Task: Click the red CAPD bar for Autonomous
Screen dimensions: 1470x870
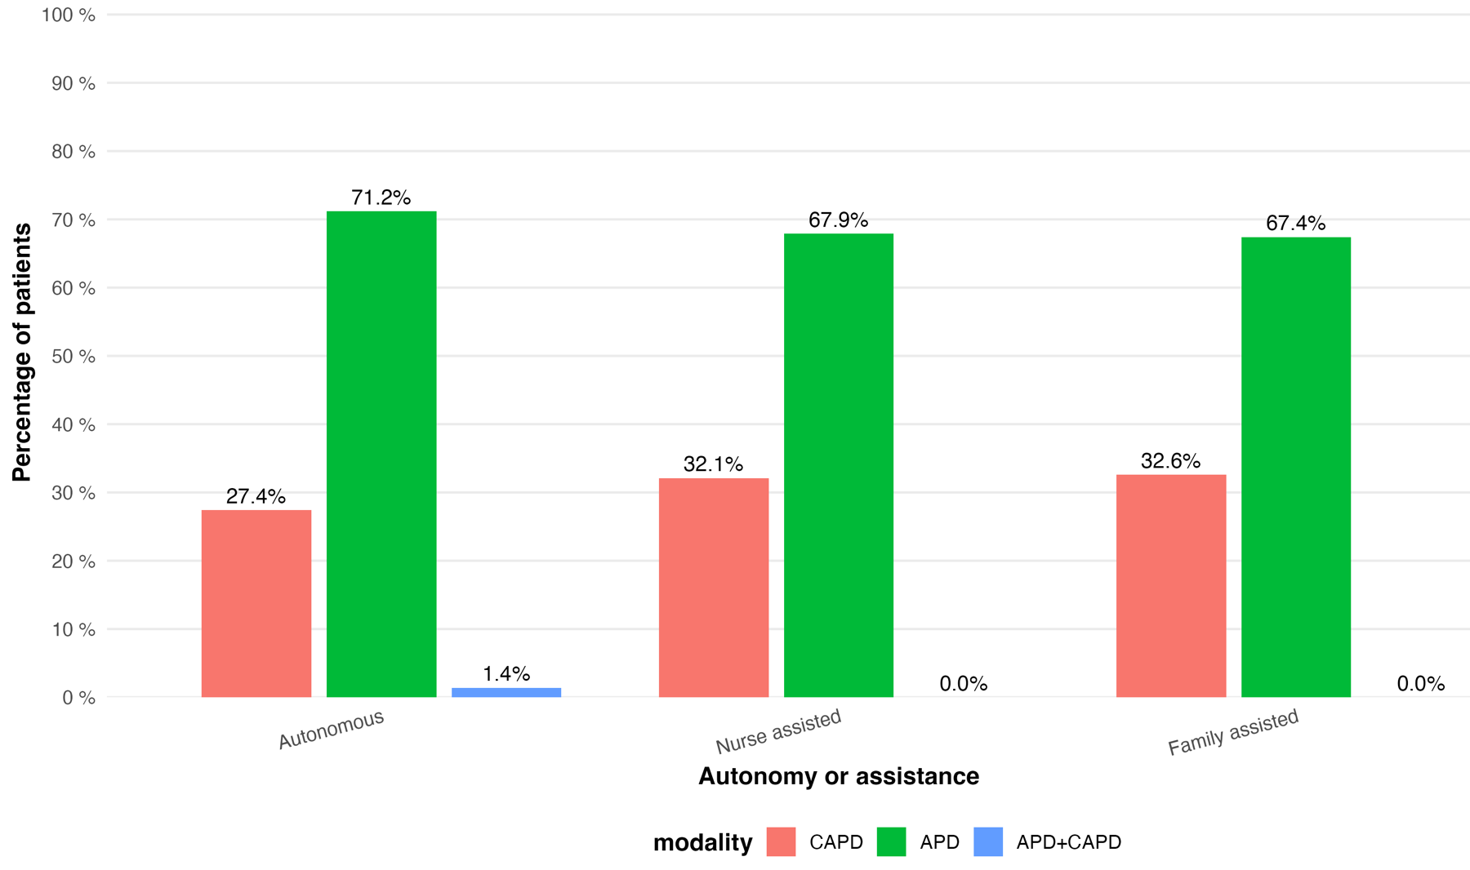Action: click(x=256, y=604)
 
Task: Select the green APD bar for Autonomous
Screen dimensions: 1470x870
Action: click(x=381, y=455)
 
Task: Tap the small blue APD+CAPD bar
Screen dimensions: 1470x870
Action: click(x=506, y=693)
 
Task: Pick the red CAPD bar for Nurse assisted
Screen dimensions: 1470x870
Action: click(x=714, y=588)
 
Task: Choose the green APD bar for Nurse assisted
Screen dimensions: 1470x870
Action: click(x=839, y=465)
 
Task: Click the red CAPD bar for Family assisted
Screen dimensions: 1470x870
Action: click(x=1171, y=586)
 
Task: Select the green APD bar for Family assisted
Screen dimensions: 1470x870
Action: click(x=1296, y=468)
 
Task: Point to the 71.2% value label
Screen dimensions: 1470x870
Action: click(x=381, y=198)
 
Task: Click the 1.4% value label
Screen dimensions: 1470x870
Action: click(x=506, y=674)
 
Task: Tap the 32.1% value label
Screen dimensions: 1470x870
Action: click(x=714, y=464)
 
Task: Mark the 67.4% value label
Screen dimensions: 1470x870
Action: click(x=1296, y=224)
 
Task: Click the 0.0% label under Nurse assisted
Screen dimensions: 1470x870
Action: click(x=964, y=684)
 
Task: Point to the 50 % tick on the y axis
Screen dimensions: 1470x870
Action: click(x=73, y=357)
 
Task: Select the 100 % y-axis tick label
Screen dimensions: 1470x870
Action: click(x=69, y=16)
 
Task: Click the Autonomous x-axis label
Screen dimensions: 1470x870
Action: click(x=331, y=730)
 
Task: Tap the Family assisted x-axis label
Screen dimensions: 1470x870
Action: click(x=1233, y=732)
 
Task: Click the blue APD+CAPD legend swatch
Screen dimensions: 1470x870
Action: click(x=988, y=842)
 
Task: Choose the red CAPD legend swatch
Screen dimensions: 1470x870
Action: click(x=781, y=842)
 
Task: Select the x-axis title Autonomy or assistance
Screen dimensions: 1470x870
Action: click(x=839, y=776)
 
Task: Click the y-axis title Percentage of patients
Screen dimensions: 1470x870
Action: click(x=22, y=353)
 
